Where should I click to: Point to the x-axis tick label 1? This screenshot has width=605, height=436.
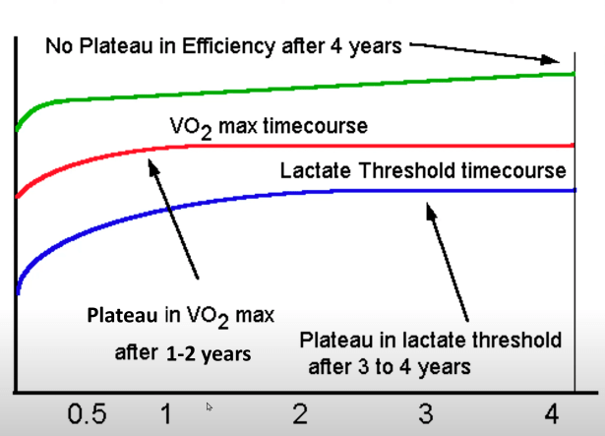click(x=167, y=412)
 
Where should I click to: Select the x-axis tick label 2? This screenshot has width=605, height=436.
click(x=300, y=412)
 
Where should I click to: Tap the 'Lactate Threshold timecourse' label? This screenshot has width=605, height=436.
click(x=423, y=170)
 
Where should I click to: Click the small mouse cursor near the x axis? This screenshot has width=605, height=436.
click(x=209, y=405)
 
